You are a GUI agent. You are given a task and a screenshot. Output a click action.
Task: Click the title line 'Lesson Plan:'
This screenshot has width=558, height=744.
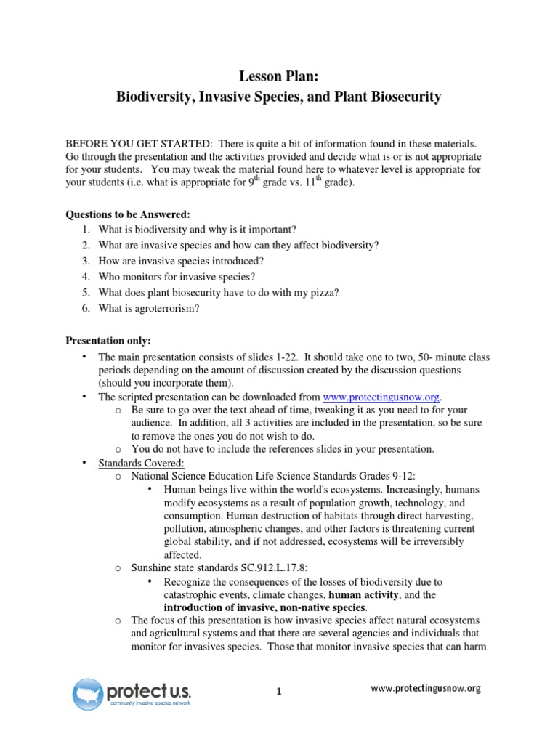(278, 76)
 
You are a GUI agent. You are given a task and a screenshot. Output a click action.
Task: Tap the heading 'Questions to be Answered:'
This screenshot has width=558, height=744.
(128, 215)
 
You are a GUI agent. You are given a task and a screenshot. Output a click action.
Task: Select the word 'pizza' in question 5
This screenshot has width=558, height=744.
(320, 292)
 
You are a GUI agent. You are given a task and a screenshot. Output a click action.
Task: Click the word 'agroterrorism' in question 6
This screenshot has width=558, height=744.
(166, 308)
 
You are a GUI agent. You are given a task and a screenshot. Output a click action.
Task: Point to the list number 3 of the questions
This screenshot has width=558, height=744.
(85, 261)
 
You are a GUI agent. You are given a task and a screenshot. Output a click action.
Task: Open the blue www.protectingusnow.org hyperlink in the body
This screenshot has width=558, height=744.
(381, 397)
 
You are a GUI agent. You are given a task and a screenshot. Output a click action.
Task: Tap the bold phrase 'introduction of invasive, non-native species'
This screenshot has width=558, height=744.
(264, 607)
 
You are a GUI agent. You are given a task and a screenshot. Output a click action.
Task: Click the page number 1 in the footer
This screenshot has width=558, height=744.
(279, 692)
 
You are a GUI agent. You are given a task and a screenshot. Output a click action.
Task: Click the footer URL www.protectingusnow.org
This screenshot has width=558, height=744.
(426, 688)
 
